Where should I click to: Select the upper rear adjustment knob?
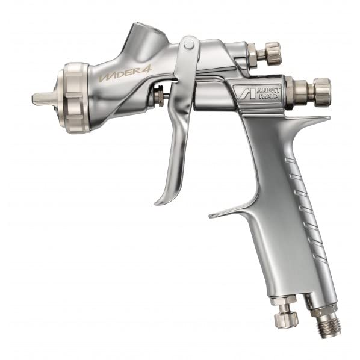pos(272,52)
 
